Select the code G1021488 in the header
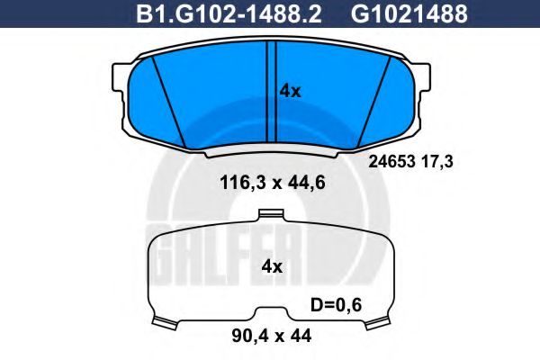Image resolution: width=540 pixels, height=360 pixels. (409, 13)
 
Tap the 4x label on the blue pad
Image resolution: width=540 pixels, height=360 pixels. (290, 91)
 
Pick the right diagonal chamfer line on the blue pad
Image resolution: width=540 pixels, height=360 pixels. (373, 99)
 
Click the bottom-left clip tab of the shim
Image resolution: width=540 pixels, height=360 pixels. (164, 322)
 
